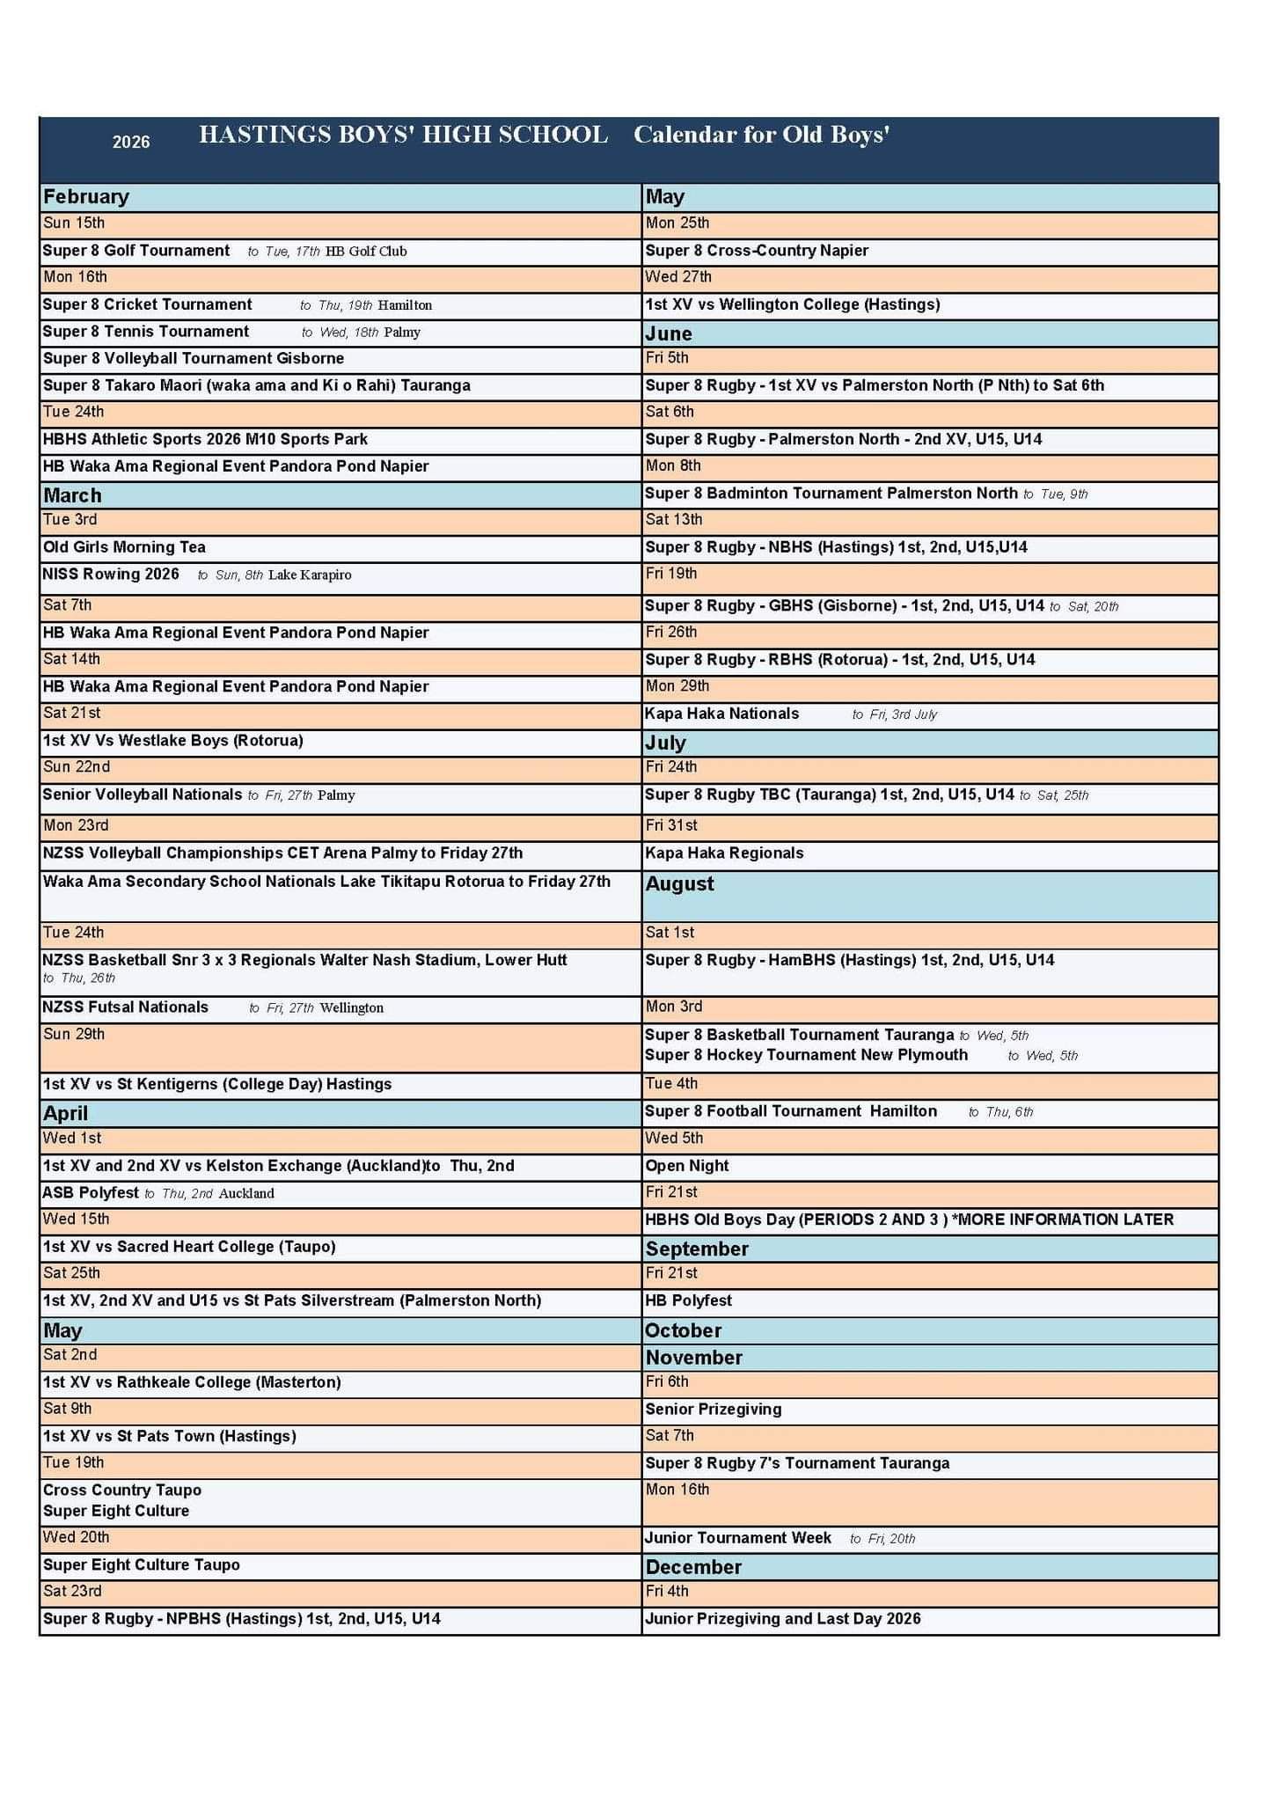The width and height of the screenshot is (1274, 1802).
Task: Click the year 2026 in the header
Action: [x=131, y=142]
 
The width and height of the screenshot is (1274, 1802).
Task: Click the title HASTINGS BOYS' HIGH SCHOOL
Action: [x=403, y=135]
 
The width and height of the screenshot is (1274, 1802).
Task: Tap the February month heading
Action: [x=86, y=197]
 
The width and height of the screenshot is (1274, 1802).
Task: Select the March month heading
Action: [x=72, y=495]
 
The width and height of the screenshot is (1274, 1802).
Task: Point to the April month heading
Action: [x=66, y=1113]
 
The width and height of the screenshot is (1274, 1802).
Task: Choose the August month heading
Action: [x=680, y=883]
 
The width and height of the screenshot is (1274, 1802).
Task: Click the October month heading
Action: [x=684, y=1330]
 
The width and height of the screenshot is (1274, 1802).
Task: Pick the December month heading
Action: [x=693, y=1567]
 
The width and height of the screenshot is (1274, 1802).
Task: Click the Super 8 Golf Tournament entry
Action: [x=136, y=251]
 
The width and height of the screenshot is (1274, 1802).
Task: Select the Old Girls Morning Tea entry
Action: [x=124, y=547]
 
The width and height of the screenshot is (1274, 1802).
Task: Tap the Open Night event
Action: [x=687, y=1166]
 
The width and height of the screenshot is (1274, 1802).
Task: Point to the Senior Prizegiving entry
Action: [x=714, y=1410]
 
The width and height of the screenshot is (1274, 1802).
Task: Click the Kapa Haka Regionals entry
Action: [x=724, y=853]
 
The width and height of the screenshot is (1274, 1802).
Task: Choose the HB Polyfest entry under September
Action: [x=688, y=1300]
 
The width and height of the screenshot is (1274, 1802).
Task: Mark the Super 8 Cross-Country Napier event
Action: [x=757, y=251]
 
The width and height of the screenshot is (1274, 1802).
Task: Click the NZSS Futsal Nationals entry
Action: [x=126, y=1007]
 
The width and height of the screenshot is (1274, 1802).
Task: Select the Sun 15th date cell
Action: [x=74, y=223]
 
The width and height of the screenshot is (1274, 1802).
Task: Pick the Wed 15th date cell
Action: [x=77, y=1220]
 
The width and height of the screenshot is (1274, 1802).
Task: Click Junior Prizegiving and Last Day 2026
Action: [x=783, y=1619]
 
